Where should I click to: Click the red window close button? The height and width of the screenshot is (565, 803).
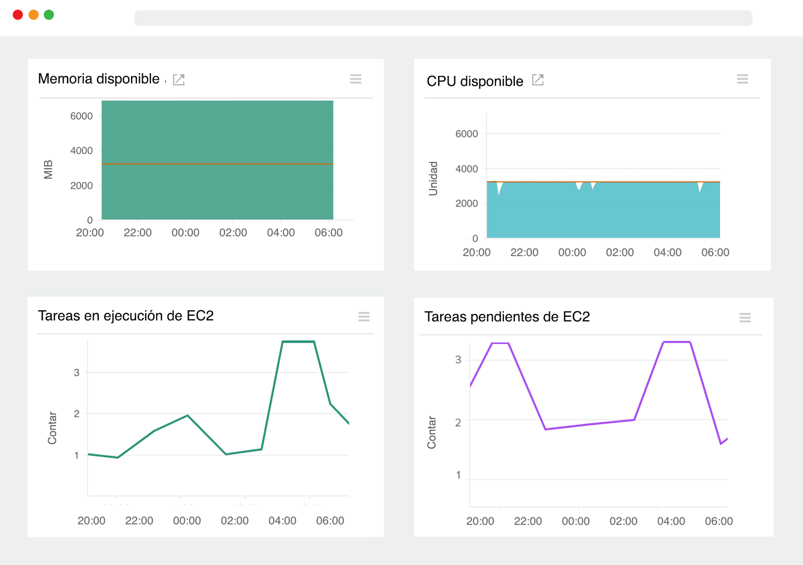pos(18,15)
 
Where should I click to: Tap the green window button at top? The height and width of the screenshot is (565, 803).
pos(49,15)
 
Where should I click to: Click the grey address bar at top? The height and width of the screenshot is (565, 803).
pos(443,18)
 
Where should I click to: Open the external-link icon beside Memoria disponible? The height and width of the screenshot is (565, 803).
pos(179,80)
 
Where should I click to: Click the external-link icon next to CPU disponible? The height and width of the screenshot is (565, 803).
pos(538,80)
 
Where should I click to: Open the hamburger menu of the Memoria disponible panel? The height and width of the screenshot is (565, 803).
pos(356,79)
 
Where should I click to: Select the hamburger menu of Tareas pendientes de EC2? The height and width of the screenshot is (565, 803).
pos(745,318)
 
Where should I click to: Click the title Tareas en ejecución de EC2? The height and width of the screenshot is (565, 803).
pos(125,316)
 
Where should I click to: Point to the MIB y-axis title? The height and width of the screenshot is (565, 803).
pos(48,169)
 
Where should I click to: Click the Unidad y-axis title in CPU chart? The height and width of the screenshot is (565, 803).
pos(433,178)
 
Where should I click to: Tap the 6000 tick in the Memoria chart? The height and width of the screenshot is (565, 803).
pos(81,116)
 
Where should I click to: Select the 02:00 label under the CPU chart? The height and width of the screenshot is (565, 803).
pos(620,253)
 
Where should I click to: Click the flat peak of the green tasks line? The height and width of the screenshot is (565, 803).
pos(298,342)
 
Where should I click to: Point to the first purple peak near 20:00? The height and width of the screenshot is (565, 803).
pos(500,343)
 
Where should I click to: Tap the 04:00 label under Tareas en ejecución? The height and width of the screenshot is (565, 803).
pos(282,521)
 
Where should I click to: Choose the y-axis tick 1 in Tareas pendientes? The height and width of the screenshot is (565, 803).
pos(458,475)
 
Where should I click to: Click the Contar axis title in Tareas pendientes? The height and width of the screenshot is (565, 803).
pos(432,432)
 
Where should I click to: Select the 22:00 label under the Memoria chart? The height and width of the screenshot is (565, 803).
pos(138,233)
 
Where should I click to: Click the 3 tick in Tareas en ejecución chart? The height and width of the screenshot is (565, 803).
pos(76,372)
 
